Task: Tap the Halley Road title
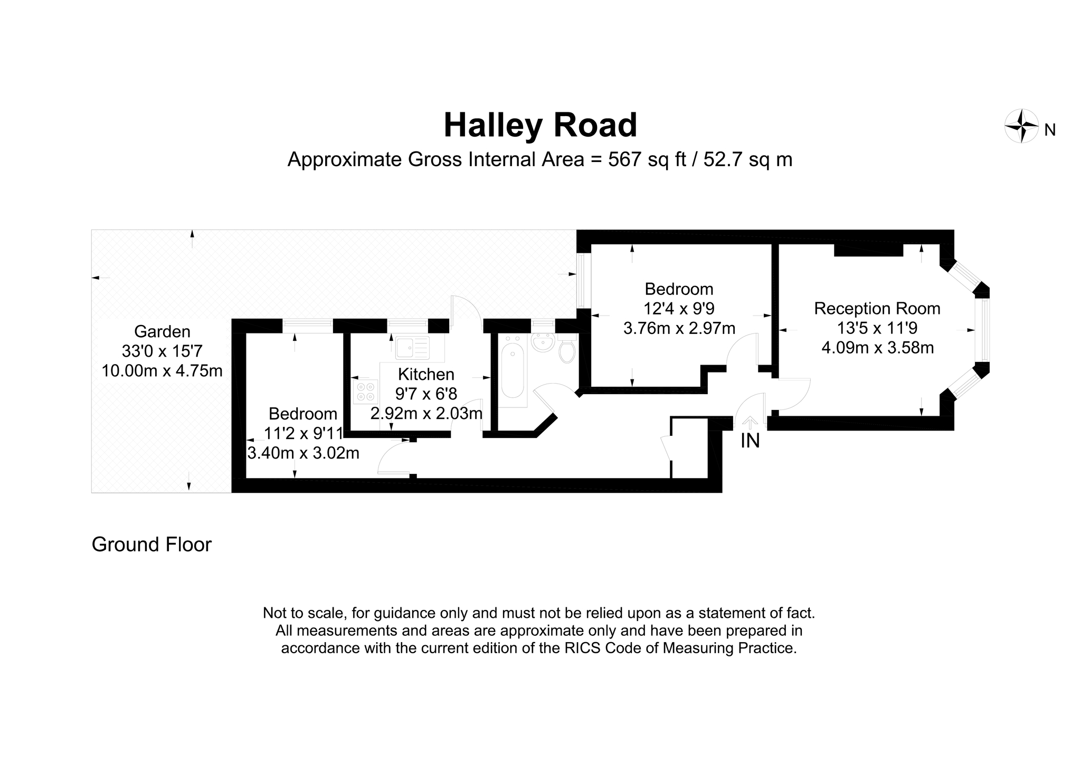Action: click(540, 126)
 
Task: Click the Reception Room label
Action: click(877, 309)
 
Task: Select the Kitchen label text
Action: click(426, 375)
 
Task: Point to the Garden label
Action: click(162, 332)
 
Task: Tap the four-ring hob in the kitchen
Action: click(365, 391)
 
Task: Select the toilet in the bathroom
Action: click(566, 351)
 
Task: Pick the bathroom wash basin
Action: click(542, 343)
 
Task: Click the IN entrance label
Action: click(750, 441)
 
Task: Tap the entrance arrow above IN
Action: click(750, 422)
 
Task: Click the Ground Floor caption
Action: click(151, 545)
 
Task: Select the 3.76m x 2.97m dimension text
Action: click(679, 329)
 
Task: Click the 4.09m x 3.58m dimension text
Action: click(877, 348)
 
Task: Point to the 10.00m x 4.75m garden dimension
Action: click(162, 371)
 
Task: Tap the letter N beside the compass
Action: click(1050, 130)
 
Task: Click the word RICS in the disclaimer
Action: click(583, 648)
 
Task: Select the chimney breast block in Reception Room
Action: click(868, 251)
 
